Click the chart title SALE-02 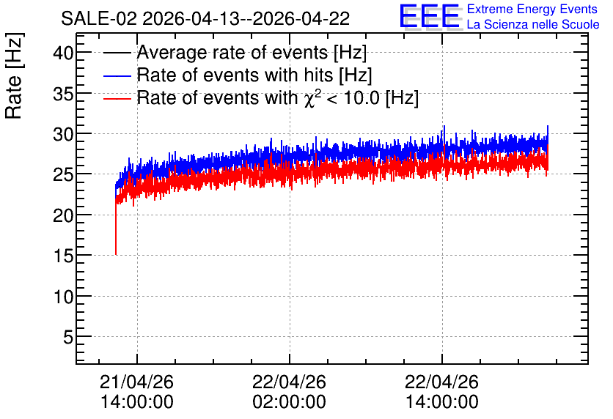(x=98, y=18)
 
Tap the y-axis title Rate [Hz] (x=14, y=75)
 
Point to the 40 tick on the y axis (x=63, y=52)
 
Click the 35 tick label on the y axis (x=63, y=93)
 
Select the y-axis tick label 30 (x=63, y=134)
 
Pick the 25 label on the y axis (x=63, y=174)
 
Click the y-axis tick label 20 (x=63, y=215)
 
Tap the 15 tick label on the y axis (x=63, y=256)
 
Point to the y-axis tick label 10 (x=63, y=297)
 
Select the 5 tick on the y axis (x=68, y=337)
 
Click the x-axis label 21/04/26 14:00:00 (x=137, y=392)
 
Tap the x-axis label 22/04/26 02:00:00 (x=290, y=392)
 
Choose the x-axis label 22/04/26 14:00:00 (x=441, y=392)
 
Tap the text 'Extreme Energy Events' (x=532, y=9)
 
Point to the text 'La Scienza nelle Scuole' (x=533, y=25)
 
